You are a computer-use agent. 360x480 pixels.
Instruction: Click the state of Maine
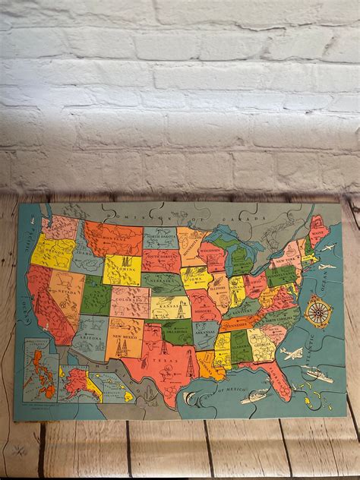[317, 229]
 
